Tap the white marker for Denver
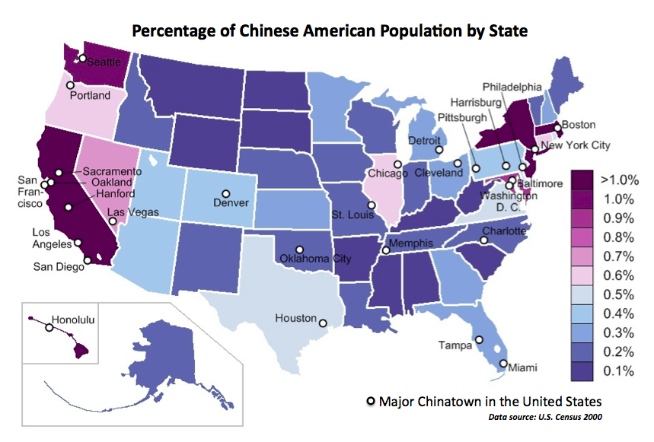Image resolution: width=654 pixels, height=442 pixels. [225, 192]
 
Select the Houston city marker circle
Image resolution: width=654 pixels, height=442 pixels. [322, 323]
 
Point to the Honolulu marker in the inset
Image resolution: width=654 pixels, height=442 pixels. [49, 329]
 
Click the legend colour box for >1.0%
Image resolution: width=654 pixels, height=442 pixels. [583, 181]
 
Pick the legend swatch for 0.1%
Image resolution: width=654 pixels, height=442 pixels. [583, 371]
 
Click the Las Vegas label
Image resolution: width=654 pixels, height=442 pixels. [133, 212]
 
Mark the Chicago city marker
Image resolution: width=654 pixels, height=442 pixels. [397, 164]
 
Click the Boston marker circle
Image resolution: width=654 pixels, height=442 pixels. [557, 126]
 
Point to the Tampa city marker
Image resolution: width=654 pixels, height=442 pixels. [479, 340]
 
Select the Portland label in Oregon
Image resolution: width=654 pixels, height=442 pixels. [90, 96]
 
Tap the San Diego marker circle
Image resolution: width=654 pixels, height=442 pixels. [87, 261]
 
